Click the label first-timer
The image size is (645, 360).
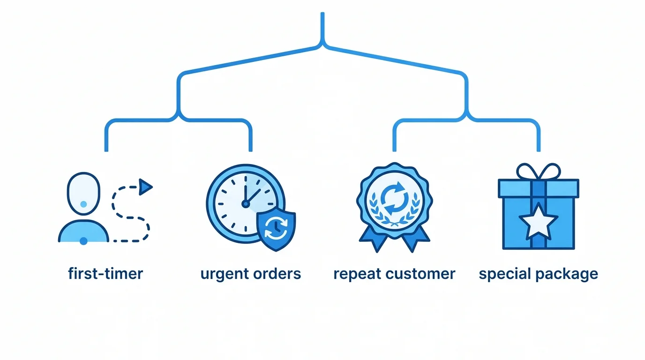[x=105, y=274]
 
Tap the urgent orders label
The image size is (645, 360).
[x=250, y=274]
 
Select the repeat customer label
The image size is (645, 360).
[x=394, y=274]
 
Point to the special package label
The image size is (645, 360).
[x=538, y=274]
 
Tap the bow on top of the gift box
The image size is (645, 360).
[x=538, y=172]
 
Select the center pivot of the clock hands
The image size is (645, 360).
[x=245, y=203]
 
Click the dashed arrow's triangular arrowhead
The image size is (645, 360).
[x=146, y=187]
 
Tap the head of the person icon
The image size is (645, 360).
[x=84, y=194]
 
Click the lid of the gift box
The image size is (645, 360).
[x=538, y=188]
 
